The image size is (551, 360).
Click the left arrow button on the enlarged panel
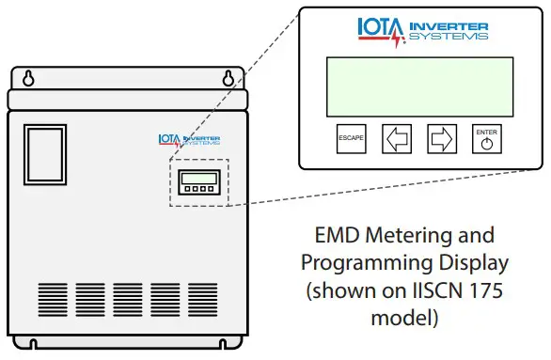pyautogui.click(x=396, y=139)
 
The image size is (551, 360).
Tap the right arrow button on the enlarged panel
pyautogui.click(x=441, y=139)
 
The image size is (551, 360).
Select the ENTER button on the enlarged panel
pyautogui.click(x=486, y=139)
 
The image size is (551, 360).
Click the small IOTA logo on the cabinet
pyautogui.click(x=189, y=141)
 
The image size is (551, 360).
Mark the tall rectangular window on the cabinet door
pyautogui.click(x=44, y=155)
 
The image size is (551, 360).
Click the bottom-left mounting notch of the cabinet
pyautogui.click(x=33, y=342)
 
